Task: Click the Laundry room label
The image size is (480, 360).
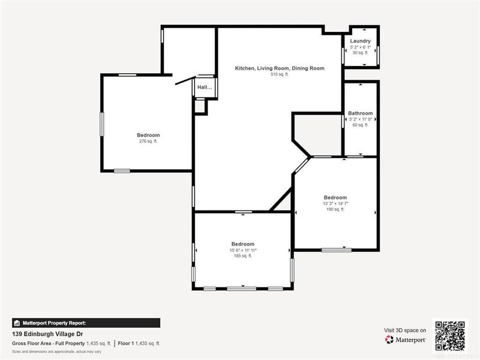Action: [361, 41]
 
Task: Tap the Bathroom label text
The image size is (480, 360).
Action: [361, 113]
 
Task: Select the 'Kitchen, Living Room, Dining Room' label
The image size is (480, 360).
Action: [280, 68]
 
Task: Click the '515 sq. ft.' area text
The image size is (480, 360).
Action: [280, 74]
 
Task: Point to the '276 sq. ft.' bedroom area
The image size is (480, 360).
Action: [148, 142]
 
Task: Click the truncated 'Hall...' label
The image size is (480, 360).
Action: [205, 88]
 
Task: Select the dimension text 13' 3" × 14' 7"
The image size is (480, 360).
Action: [335, 203]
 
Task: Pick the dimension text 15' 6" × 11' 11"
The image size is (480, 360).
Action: [242, 250]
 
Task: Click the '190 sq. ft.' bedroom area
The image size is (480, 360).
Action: [335, 209]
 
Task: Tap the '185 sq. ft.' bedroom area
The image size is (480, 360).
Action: [242, 256]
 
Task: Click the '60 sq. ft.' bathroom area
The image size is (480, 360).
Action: [361, 125]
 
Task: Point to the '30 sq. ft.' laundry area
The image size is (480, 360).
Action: [361, 53]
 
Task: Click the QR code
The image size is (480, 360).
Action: [450, 335]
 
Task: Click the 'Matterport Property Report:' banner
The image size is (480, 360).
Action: [86, 323]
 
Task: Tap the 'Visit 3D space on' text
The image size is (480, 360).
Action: [405, 330]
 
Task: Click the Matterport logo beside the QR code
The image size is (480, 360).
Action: [406, 340]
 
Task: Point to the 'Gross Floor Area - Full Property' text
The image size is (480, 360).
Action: [48, 343]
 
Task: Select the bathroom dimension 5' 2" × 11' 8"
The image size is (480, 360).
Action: [361, 119]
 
